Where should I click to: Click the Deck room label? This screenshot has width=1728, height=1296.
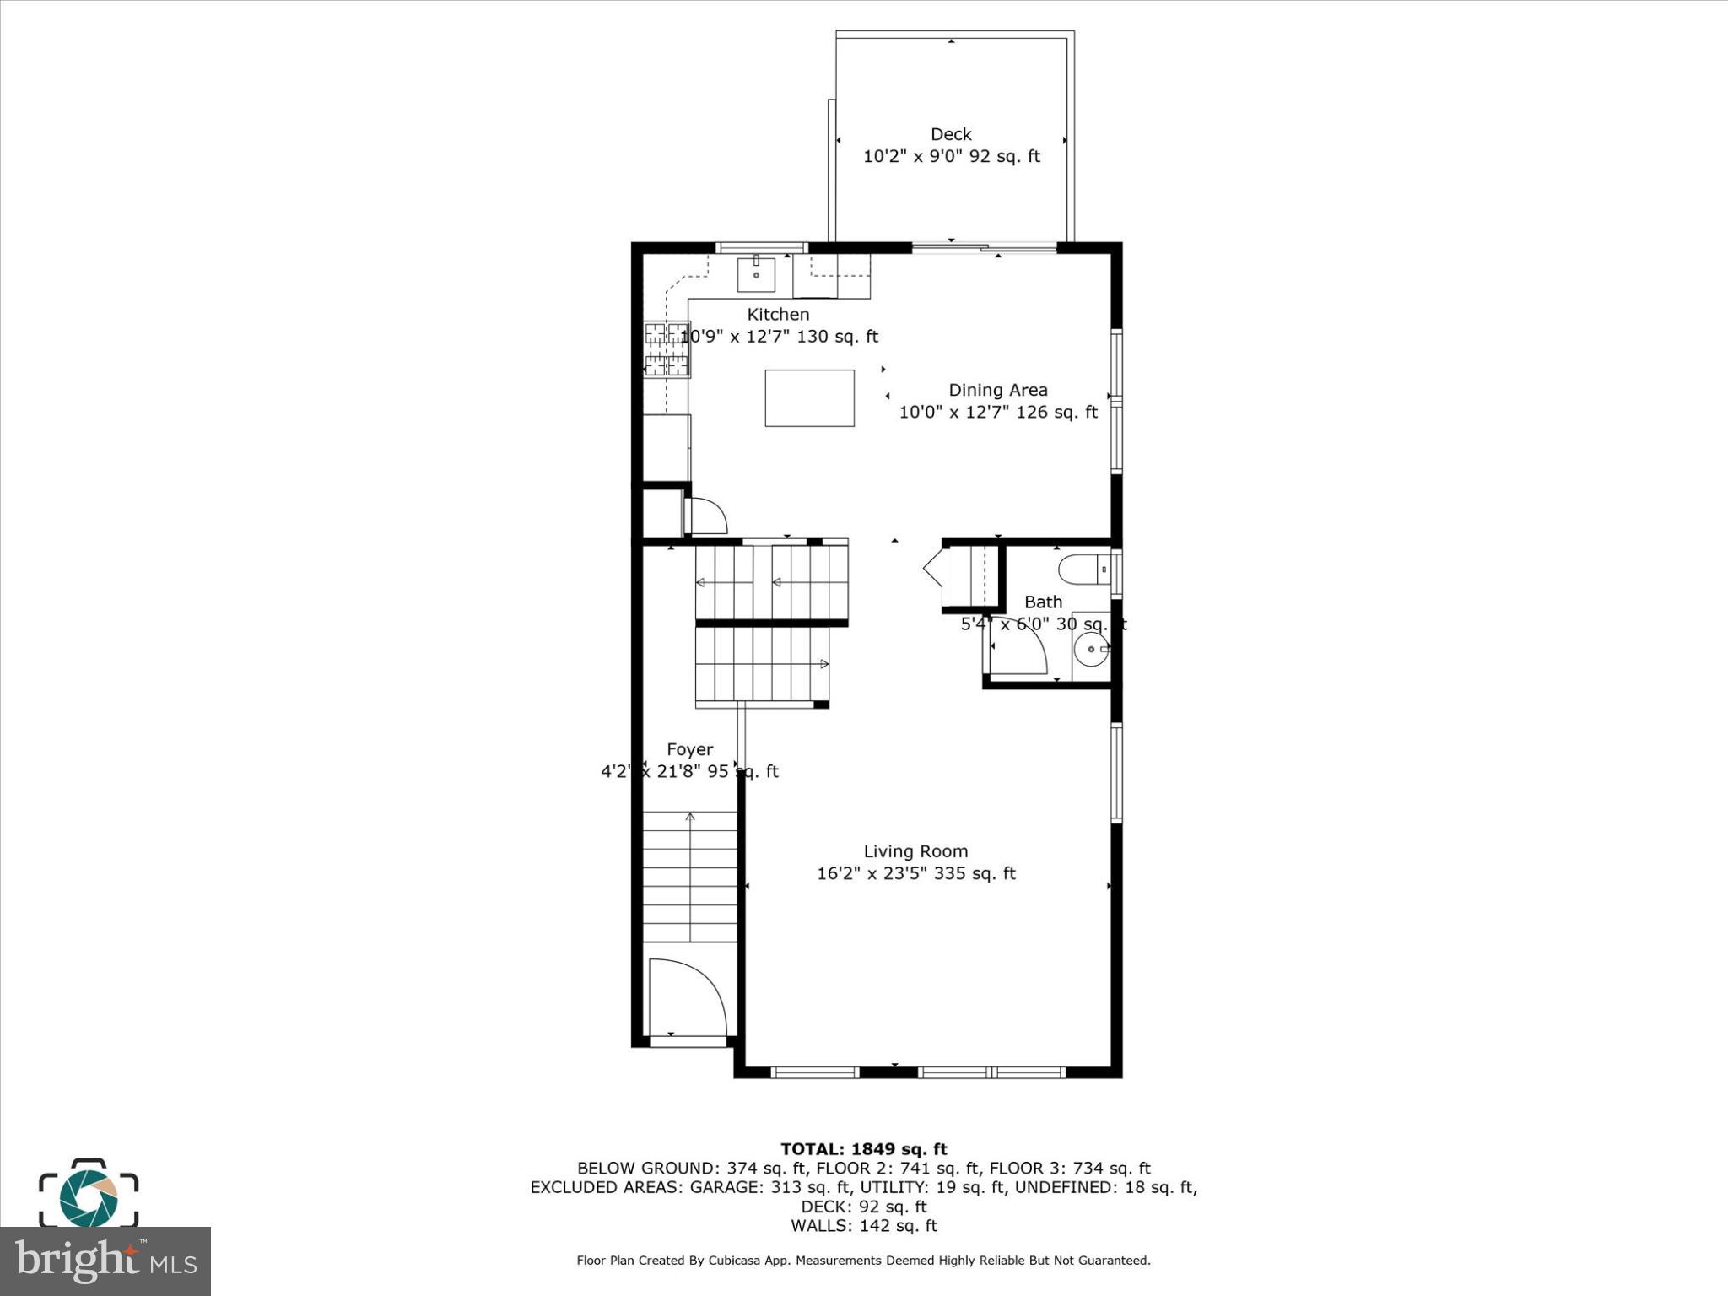[x=951, y=134]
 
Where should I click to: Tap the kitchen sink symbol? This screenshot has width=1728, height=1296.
[x=756, y=274]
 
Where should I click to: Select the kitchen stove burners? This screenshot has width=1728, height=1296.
[x=667, y=348]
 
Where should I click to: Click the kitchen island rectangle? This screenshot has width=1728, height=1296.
[x=809, y=397]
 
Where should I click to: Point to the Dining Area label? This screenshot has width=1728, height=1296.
[x=998, y=390]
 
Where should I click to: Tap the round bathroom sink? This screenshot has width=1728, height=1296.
[x=1093, y=650]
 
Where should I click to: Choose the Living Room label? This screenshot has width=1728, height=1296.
[x=915, y=851]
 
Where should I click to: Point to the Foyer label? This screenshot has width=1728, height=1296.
[x=689, y=749]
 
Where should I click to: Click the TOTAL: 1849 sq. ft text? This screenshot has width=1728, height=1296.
[x=863, y=1148]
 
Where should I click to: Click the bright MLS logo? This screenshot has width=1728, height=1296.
[x=105, y=1261]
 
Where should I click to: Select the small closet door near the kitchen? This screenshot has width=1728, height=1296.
[x=708, y=516]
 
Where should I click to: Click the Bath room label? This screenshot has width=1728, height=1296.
[x=1043, y=602]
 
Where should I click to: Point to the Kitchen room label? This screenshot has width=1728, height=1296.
[x=778, y=314]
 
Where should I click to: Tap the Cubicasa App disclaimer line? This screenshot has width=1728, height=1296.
[x=863, y=1261]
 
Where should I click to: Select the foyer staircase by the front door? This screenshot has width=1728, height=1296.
[x=690, y=877]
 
